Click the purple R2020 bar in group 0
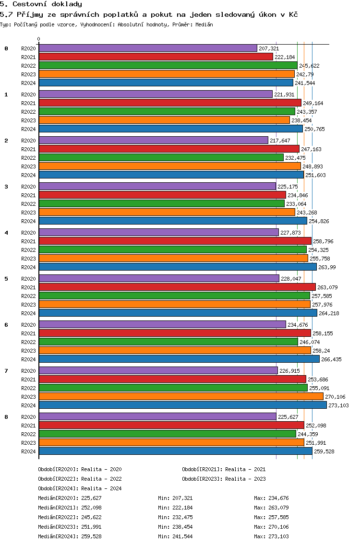[x=148, y=48]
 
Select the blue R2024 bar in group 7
[x=182, y=405]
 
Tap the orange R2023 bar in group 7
[x=181, y=396]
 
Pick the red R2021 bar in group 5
[x=177, y=287]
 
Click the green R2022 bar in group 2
[x=161, y=157]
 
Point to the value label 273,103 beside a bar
[x=338, y=405]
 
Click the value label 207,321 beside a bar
[x=269, y=48]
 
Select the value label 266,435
[x=331, y=359]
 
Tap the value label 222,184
[x=285, y=57]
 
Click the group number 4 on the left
[x=6, y=233]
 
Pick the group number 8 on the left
[x=6, y=417]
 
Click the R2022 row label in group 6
[x=28, y=342]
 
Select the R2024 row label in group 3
[x=28, y=221]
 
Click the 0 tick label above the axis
[x=39, y=39]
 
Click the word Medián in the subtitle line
[x=204, y=24]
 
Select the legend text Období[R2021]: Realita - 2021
[x=224, y=469]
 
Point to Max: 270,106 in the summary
[x=271, y=527]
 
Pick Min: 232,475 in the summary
[x=175, y=517]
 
